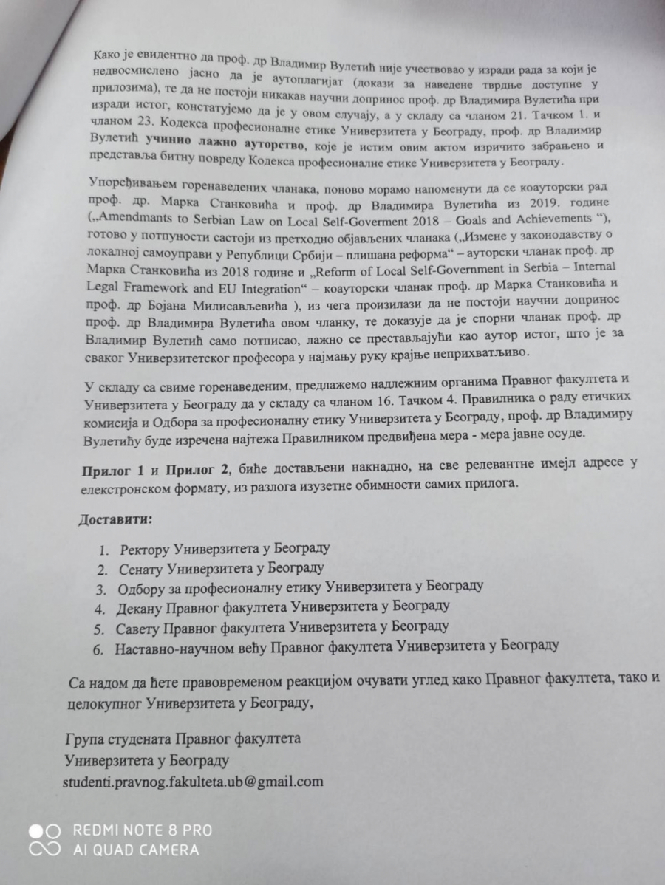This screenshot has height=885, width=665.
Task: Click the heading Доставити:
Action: [116, 519]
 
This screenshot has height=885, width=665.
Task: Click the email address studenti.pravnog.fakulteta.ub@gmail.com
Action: [194, 781]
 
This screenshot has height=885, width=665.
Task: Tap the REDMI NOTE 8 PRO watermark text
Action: [142, 830]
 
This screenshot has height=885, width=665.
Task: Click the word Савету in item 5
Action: [138, 628]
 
